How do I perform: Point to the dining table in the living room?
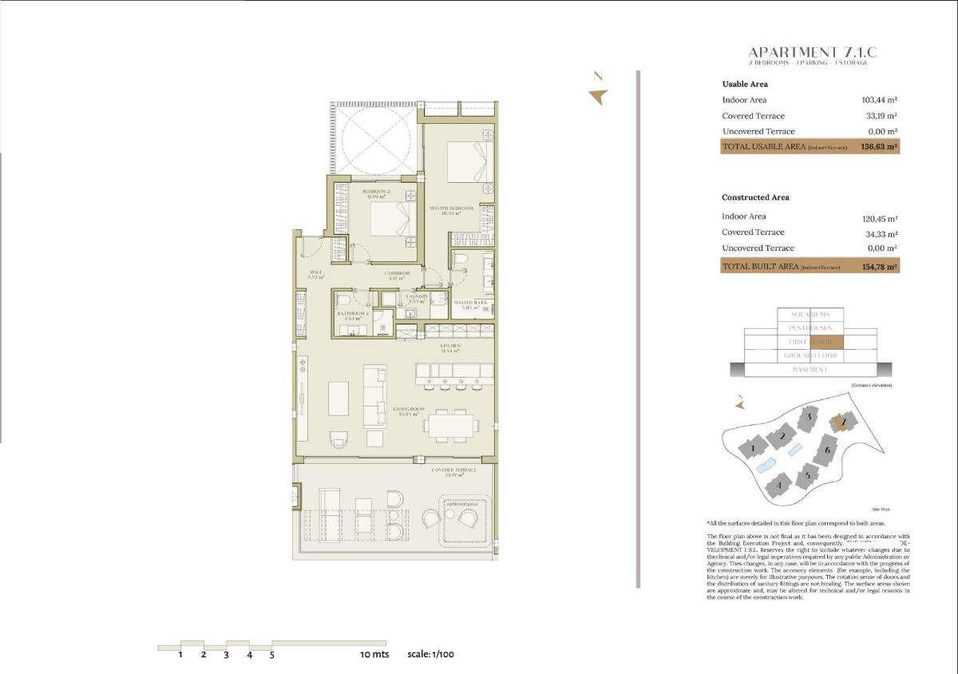pos(453,425)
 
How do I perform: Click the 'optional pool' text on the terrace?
pos(461,504)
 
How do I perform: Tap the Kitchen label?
pos(451,347)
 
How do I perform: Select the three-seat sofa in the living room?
pos(374,396)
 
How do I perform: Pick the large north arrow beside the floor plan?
pos(597,97)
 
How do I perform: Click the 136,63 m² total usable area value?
pos(879,147)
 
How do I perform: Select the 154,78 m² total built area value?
pos(879,267)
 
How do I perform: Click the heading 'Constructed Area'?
pos(755,197)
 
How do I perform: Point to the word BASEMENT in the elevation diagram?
pos(810,370)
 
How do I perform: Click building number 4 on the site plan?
pos(778,484)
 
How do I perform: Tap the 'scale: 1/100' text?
pos(430,654)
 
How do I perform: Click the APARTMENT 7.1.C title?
pos(812,53)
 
